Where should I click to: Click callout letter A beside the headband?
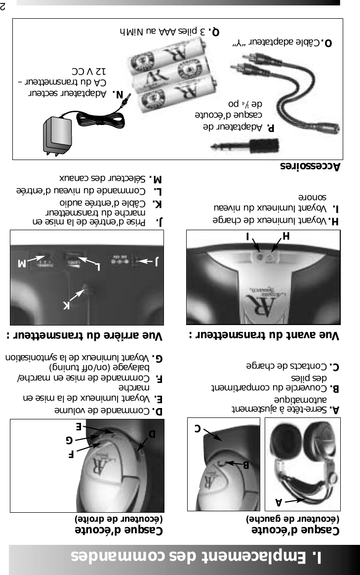279,502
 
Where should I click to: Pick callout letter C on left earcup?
197,428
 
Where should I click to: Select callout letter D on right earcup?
152,434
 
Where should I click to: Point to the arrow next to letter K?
77,295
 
